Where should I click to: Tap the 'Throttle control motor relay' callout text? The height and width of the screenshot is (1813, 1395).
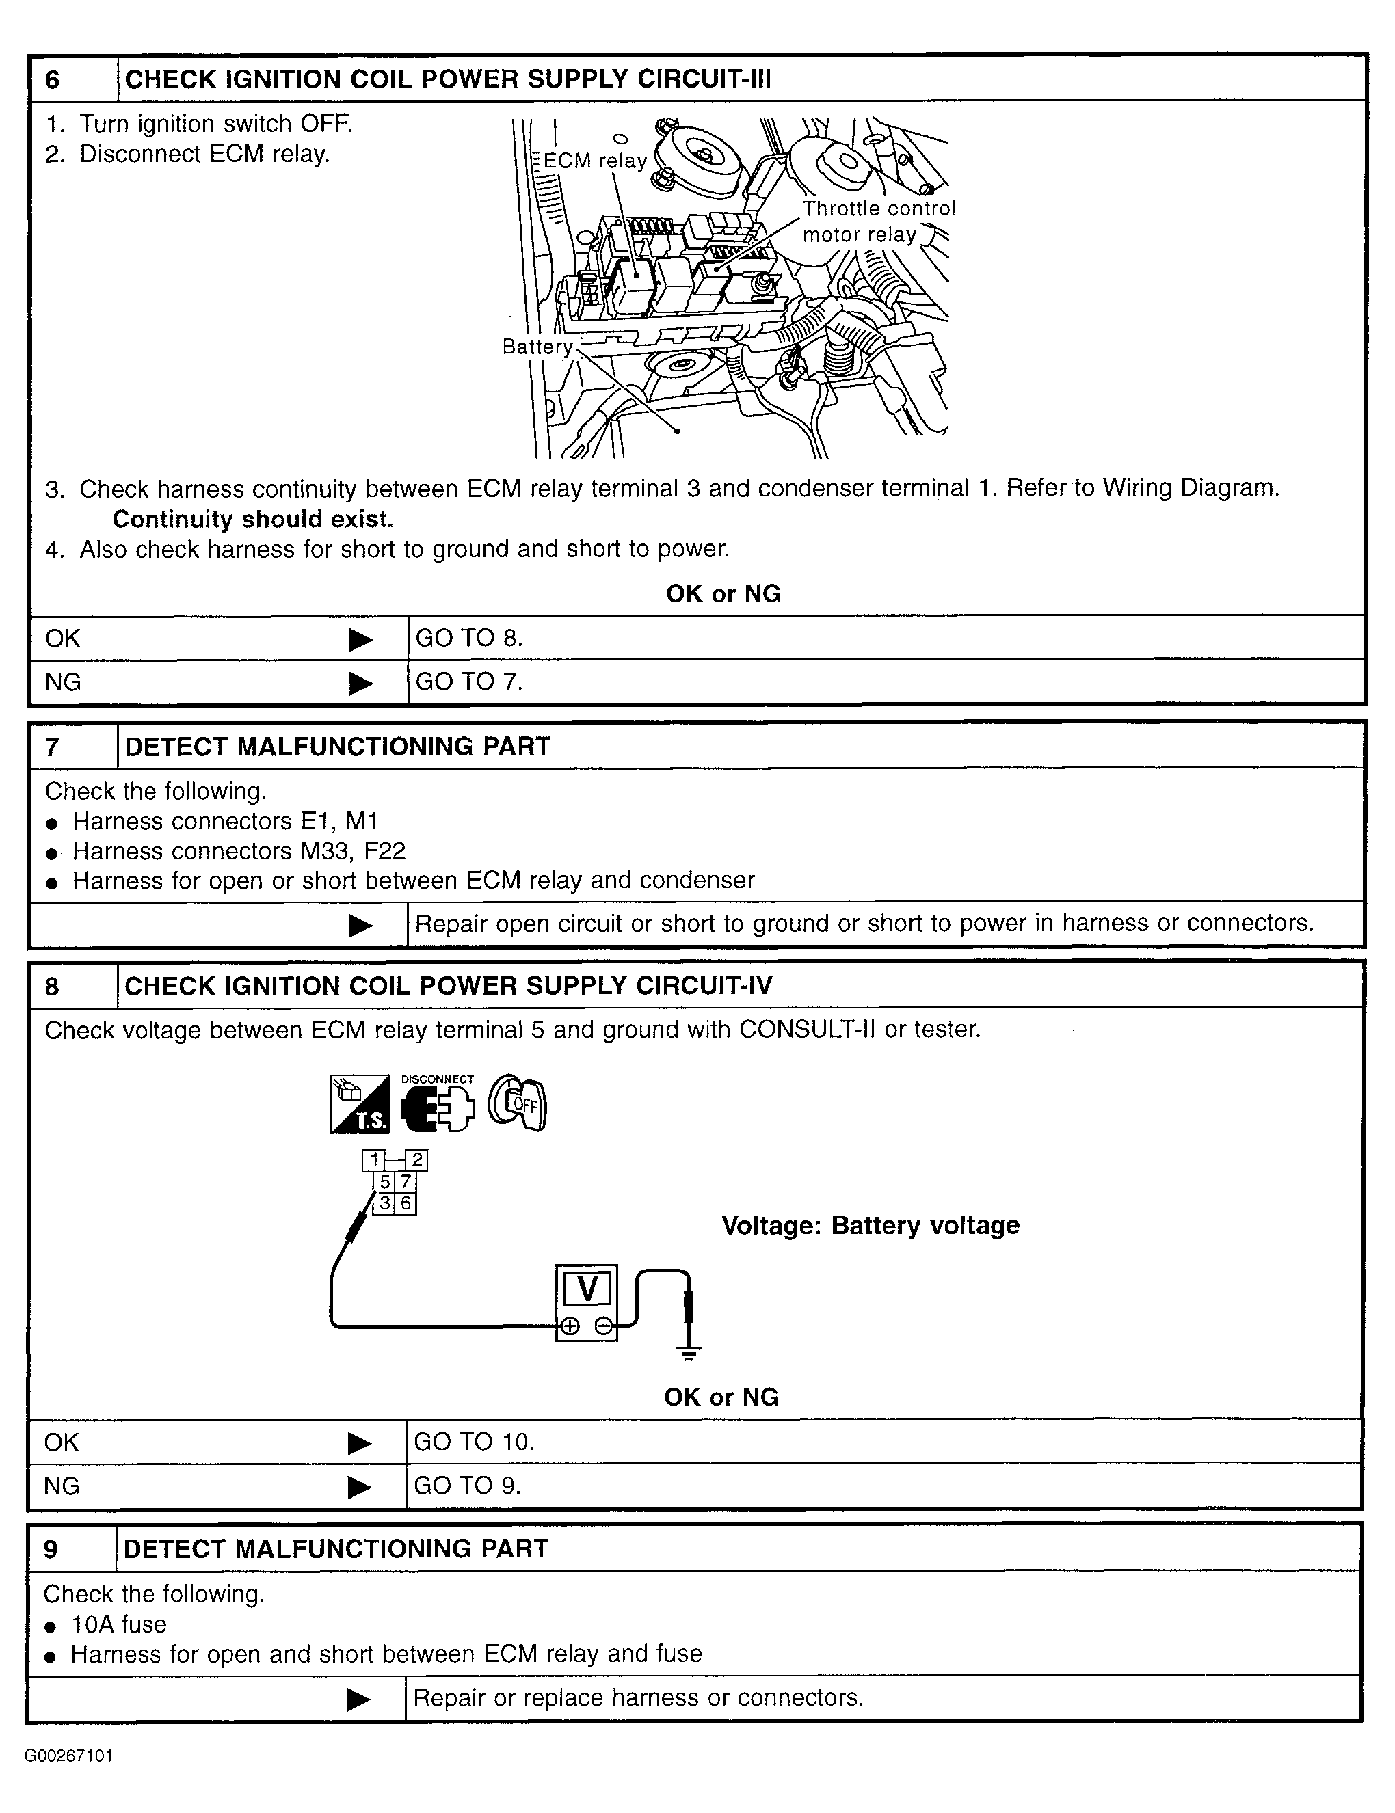[878, 221]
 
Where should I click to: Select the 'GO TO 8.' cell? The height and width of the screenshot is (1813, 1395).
[469, 638]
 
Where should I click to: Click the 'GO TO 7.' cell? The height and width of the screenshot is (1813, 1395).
[469, 682]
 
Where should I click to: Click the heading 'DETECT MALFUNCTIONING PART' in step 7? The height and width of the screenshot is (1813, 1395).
[337, 747]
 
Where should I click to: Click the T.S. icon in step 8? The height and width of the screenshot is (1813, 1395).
[359, 1104]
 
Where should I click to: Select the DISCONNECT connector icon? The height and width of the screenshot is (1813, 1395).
[437, 1104]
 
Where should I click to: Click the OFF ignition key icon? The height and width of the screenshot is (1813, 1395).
[517, 1104]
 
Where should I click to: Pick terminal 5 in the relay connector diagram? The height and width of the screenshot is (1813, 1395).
[384, 1182]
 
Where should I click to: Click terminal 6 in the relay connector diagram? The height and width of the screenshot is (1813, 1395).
[406, 1203]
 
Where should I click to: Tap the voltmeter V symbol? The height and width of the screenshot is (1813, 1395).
[586, 1289]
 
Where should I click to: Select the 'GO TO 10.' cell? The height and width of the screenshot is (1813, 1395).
[474, 1441]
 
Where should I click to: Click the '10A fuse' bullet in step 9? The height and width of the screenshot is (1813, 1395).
[119, 1624]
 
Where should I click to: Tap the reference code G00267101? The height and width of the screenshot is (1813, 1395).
[69, 1756]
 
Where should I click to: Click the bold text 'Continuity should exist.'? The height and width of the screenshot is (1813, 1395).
[252, 519]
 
